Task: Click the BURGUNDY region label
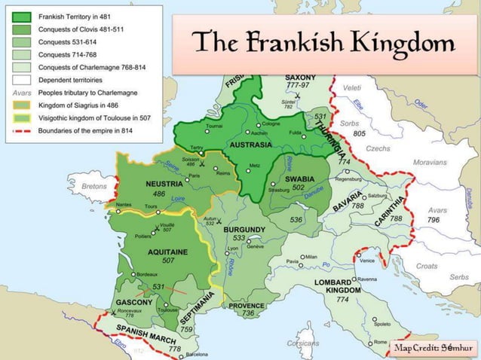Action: pyautogui.click(x=244, y=228)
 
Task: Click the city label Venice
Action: pyautogui.click(x=367, y=261)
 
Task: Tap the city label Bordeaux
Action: pyautogui.click(x=146, y=274)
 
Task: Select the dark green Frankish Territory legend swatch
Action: pyautogui.click(x=26, y=16)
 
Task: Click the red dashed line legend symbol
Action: pyautogui.click(x=26, y=130)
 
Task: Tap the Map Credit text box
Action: pyautogui.click(x=432, y=347)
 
